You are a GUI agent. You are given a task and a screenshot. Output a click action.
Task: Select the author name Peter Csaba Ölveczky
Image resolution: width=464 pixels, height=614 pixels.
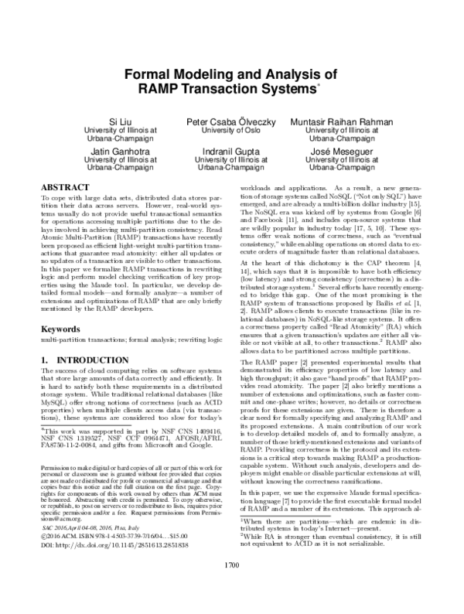click(232, 122)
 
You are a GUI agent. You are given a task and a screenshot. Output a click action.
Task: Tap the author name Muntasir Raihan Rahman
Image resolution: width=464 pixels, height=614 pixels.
click(341, 122)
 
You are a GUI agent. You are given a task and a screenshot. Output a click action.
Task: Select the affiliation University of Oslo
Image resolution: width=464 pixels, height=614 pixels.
click(232, 131)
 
